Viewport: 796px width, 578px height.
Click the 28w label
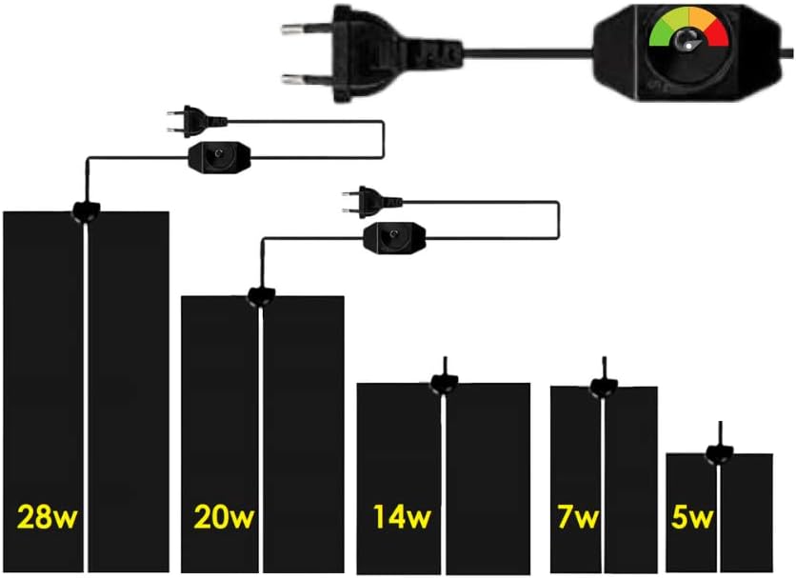pyautogui.click(x=48, y=517)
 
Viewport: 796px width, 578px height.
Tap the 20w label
pyautogui.click(x=224, y=517)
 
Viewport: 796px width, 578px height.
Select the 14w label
pyautogui.click(x=402, y=517)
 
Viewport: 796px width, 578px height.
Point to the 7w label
pyautogui.click(x=578, y=517)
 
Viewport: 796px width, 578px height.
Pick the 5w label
pyautogui.click(x=692, y=517)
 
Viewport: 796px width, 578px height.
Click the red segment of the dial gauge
pyautogui.click(x=716, y=33)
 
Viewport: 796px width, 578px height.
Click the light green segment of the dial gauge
pyautogui.click(x=674, y=18)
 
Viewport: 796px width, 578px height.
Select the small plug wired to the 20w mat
pyautogui.click(x=372, y=202)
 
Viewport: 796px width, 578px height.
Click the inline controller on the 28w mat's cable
pyautogui.click(x=219, y=157)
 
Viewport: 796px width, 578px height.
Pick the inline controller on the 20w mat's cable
pyautogui.click(x=395, y=238)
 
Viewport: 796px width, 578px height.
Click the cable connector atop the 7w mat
pyautogui.click(x=604, y=386)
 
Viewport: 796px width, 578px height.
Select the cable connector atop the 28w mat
pyautogui.click(x=87, y=210)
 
